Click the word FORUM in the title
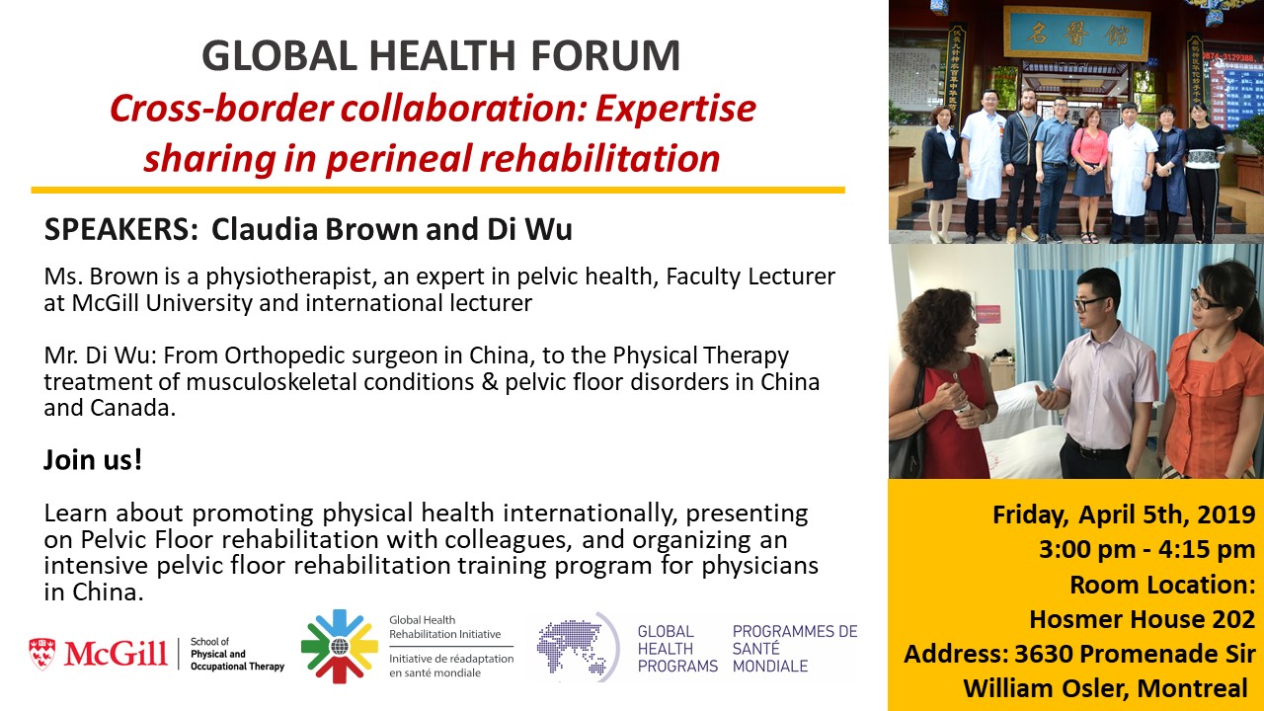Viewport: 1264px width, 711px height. click(x=605, y=55)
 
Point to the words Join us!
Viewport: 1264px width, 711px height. click(x=93, y=459)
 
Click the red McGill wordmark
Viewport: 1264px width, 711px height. click(x=116, y=654)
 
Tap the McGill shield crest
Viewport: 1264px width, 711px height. click(x=41, y=654)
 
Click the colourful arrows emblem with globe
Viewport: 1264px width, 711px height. click(x=339, y=647)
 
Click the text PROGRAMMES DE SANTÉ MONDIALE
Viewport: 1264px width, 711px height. click(x=795, y=649)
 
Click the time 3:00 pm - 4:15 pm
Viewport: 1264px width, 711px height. click(x=1147, y=550)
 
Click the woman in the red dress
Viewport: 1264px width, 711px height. click(x=942, y=384)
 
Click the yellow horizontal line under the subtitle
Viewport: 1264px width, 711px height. click(x=437, y=191)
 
